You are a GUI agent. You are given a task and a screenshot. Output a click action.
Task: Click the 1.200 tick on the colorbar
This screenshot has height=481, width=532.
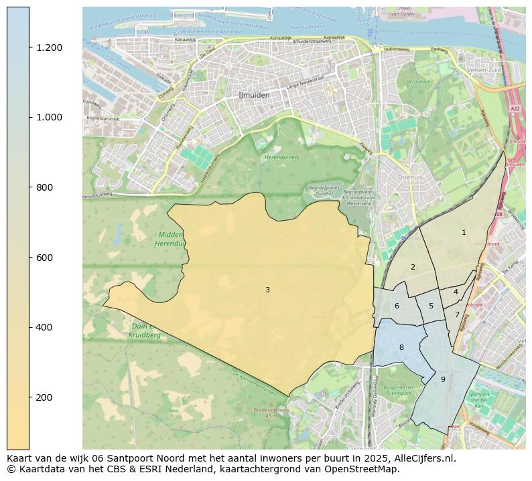(48, 47)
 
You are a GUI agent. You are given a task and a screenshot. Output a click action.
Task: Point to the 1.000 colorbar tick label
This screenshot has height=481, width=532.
(48, 117)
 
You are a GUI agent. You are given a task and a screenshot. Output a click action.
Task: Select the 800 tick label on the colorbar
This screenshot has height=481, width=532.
(45, 187)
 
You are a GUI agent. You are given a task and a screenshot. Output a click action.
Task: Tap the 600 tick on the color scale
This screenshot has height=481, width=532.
(45, 258)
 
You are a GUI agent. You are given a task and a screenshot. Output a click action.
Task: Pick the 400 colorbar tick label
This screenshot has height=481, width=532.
(45, 327)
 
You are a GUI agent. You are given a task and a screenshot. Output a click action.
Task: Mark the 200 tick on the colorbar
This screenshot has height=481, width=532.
(45, 397)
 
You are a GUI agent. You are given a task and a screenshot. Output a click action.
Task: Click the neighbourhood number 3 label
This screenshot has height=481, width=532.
(267, 290)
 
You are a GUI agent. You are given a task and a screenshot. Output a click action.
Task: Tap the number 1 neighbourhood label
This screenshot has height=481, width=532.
(464, 232)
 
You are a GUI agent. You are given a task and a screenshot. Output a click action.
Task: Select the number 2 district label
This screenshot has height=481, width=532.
(413, 267)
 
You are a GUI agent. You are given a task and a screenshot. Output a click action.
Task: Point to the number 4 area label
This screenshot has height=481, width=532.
(456, 292)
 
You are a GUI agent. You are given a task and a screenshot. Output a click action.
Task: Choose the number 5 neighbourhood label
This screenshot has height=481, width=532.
(431, 306)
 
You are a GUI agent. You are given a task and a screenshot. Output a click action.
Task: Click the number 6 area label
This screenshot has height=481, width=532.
(397, 306)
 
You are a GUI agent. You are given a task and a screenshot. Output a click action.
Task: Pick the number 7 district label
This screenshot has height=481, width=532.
(457, 314)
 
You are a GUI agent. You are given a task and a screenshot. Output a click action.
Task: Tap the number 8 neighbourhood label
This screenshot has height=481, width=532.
(401, 347)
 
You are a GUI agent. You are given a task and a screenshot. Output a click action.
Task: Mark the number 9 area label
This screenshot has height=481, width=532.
(443, 379)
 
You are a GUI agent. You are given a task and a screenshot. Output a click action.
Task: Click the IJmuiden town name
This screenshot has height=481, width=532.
(254, 95)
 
